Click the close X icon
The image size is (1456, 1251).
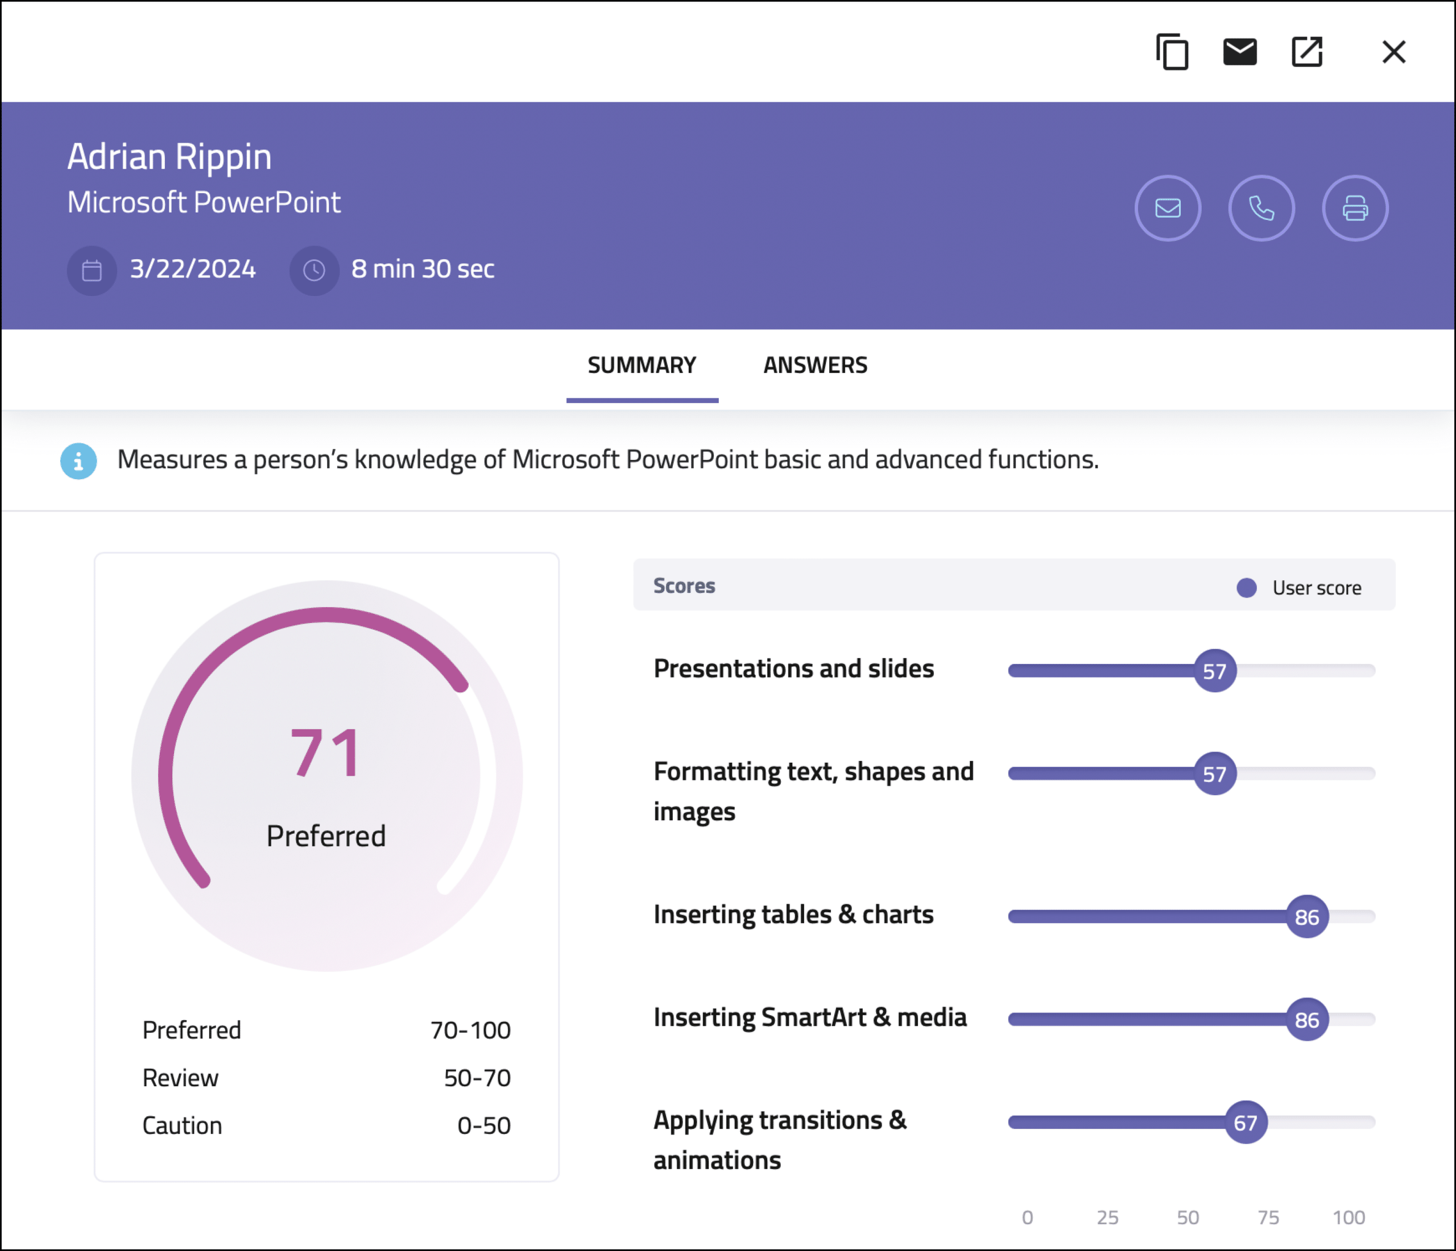coord(1393,52)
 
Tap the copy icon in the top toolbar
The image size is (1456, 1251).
coord(1172,52)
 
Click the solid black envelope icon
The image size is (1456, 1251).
coord(1239,52)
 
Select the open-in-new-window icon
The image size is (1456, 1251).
coord(1307,52)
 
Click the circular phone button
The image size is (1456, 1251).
coord(1261,208)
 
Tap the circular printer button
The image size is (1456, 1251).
coord(1355,208)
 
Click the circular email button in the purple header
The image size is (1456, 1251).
coord(1168,208)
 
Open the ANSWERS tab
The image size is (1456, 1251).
coord(815,365)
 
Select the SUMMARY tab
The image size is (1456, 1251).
coord(642,365)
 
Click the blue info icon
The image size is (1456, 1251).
coord(78,461)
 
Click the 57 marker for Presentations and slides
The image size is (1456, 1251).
coord(1215,671)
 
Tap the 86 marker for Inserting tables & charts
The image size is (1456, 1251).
coord(1307,917)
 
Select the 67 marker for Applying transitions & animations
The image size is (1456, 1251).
coord(1246,1123)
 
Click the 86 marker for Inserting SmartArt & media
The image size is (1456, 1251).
coord(1307,1019)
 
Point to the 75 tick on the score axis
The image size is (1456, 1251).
coord(1268,1217)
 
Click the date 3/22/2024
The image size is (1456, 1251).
coord(193,269)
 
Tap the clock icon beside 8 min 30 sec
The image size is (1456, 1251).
coord(314,271)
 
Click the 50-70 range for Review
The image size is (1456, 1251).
coord(477,1078)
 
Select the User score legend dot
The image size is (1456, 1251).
coord(1247,588)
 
